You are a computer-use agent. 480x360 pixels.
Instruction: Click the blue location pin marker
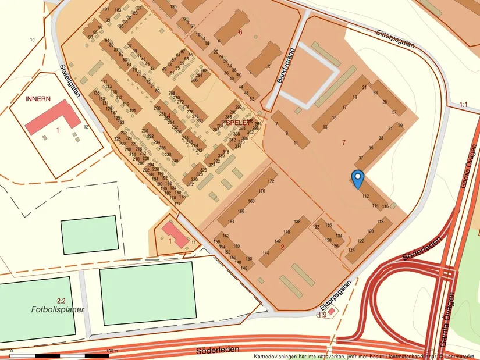coord(358,179)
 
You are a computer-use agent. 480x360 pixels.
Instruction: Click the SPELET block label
coord(237,123)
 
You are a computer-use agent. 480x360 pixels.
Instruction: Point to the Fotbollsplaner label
coord(58,309)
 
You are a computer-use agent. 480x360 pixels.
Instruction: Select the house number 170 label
coord(262,191)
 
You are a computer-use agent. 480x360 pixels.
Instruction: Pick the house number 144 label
coord(266,253)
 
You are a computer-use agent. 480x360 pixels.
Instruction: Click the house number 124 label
coord(351,250)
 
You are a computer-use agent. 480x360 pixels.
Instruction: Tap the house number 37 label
coord(361,158)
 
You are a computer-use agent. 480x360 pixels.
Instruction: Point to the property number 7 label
coord(344,142)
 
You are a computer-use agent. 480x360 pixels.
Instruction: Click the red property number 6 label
coord(240,32)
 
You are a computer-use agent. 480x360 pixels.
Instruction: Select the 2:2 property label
coord(61,300)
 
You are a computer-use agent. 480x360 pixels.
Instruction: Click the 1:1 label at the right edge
coord(463,105)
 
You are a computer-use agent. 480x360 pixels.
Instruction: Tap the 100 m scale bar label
coord(112,351)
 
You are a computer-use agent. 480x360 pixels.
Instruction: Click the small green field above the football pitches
coord(89,234)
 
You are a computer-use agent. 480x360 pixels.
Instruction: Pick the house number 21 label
coord(365,87)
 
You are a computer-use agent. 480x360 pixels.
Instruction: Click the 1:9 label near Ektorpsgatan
coord(322,315)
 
